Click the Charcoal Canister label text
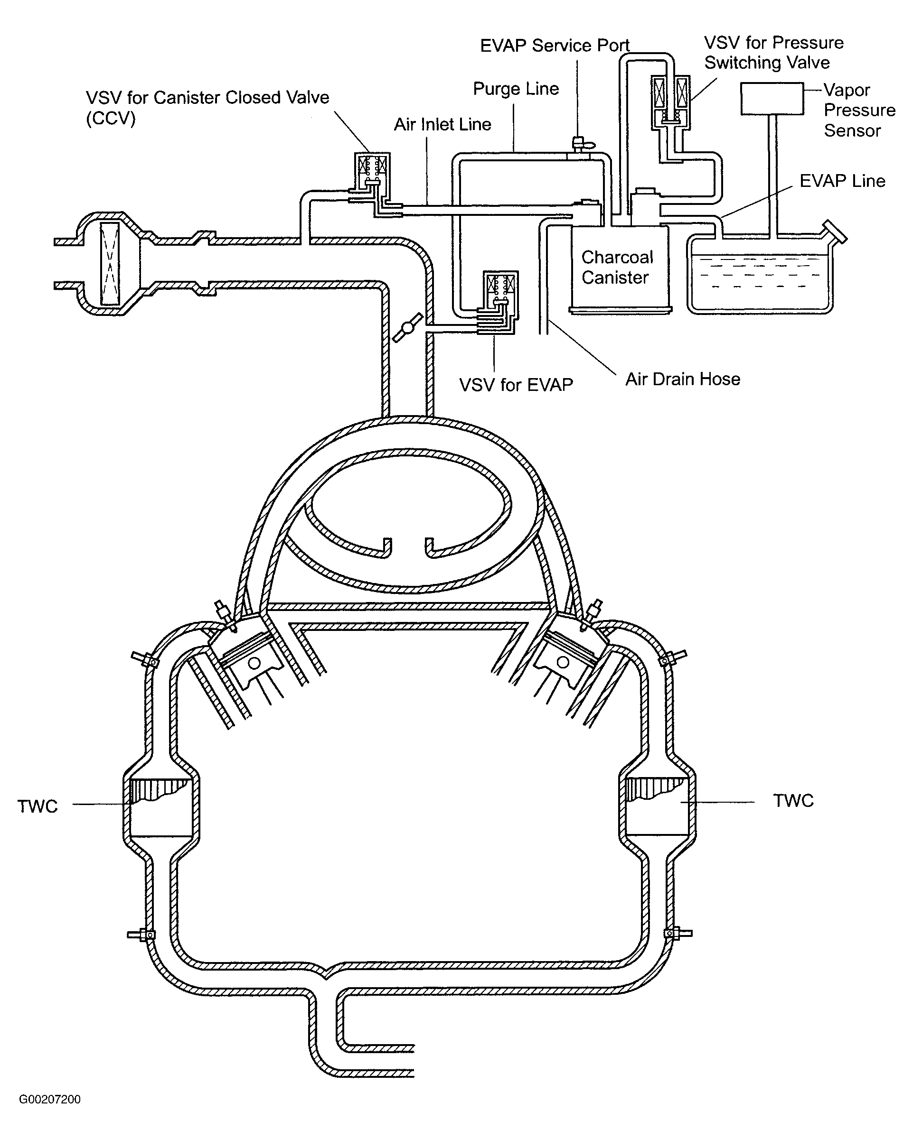pyautogui.click(x=616, y=268)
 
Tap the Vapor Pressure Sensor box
pyautogui.click(x=772, y=99)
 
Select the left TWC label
pyautogui.click(x=38, y=806)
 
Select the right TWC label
pyautogui.click(x=793, y=801)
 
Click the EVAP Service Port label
pyautogui.click(x=555, y=46)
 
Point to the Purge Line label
pyautogui.click(x=516, y=89)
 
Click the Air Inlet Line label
pyautogui.click(x=442, y=125)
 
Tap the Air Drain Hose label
pyautogui.click(x=683, y=380)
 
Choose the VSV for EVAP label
pyautogui.click(x=516, y=385)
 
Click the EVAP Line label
pyautogui.click(x=842, y=181)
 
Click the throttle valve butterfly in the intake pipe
pyautogui.click(x=408, y=327)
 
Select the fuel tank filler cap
pyautogui.click(x=834, y=232)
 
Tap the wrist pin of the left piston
pyautogui.click(x=255, y=664)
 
